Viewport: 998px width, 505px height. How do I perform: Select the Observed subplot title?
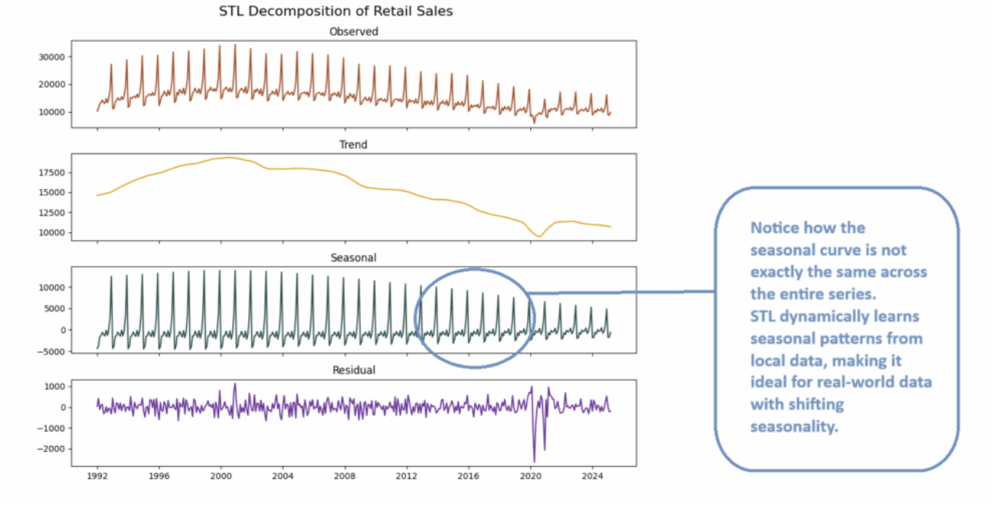coord(353,31)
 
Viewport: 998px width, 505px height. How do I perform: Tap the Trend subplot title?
coord(353,144)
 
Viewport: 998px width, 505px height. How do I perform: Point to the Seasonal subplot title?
coord(353,257)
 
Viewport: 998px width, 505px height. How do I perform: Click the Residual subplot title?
coord(353,370)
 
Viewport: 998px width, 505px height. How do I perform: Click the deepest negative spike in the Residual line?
coord(534,461)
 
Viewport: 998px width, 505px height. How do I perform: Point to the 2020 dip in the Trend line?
coord(538,236)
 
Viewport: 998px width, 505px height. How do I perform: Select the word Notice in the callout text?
coord(776,228)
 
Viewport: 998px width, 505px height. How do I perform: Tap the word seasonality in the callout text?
coord(794,427)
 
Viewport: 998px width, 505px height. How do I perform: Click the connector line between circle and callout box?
coord(620,292)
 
